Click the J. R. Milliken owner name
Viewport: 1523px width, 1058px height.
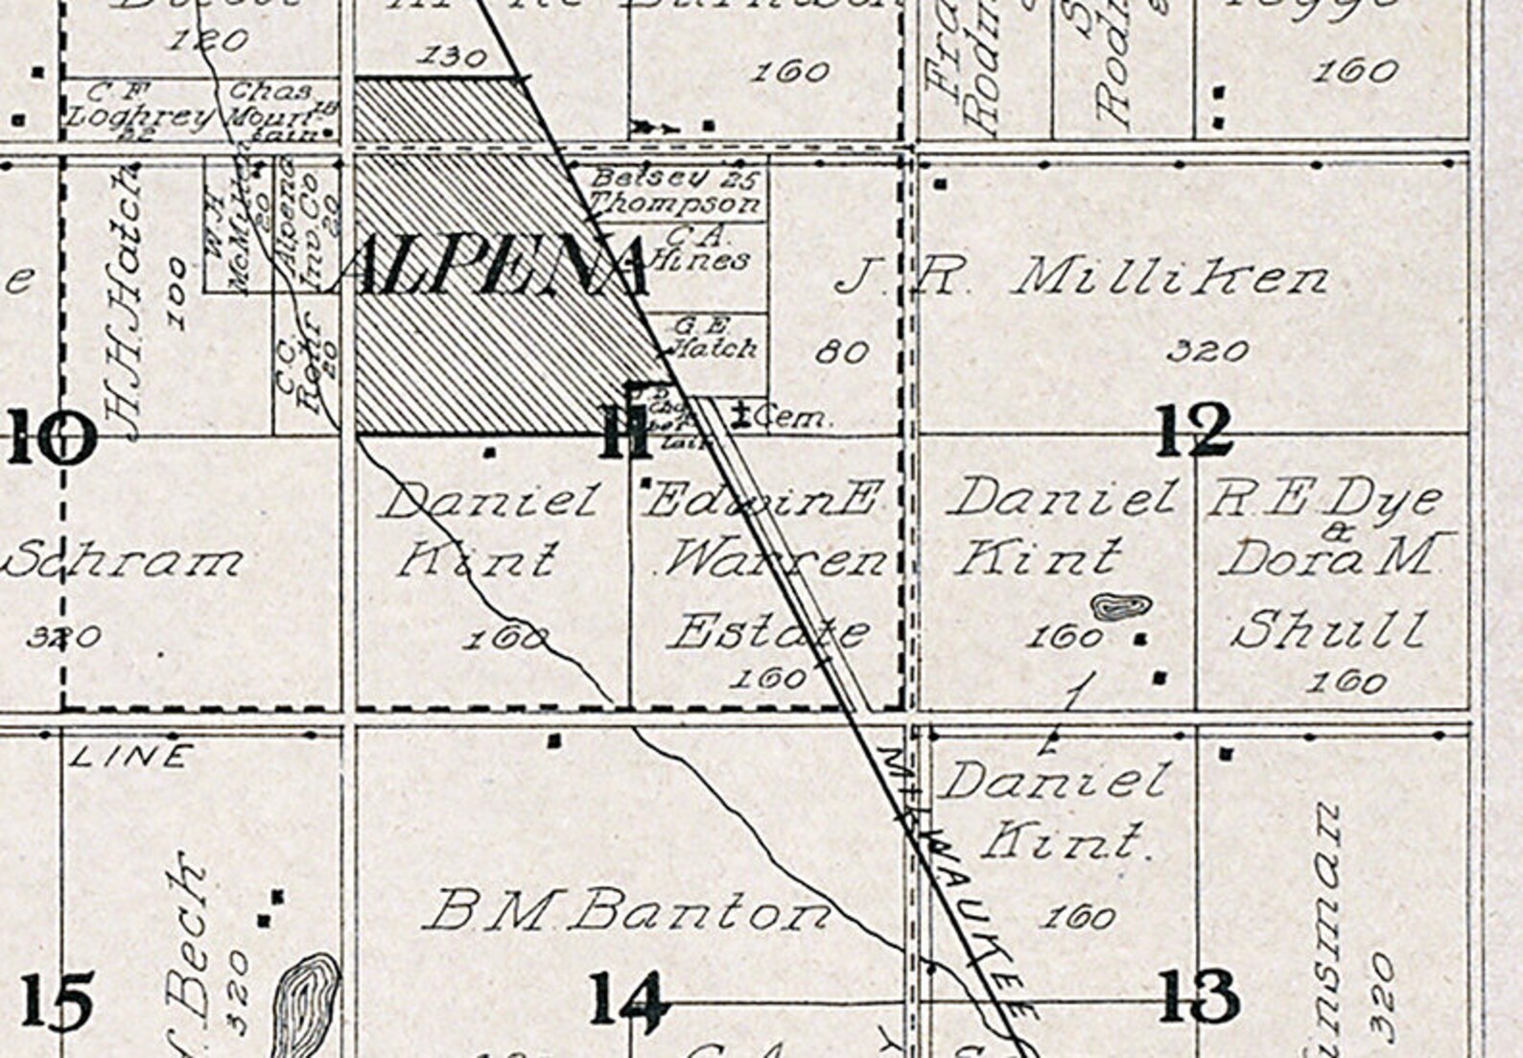pos(1084,279)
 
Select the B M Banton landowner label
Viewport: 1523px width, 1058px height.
pos(628,911)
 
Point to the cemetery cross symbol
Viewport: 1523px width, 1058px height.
pos(739,416)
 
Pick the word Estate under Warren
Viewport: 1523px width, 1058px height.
pos(767,633)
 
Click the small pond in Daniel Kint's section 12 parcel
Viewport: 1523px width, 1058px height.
pos(1120,607)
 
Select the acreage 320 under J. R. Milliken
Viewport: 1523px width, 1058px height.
pos(1208,351)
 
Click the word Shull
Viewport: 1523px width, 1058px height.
pos(1328,630)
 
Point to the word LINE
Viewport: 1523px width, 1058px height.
pos(131,757)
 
